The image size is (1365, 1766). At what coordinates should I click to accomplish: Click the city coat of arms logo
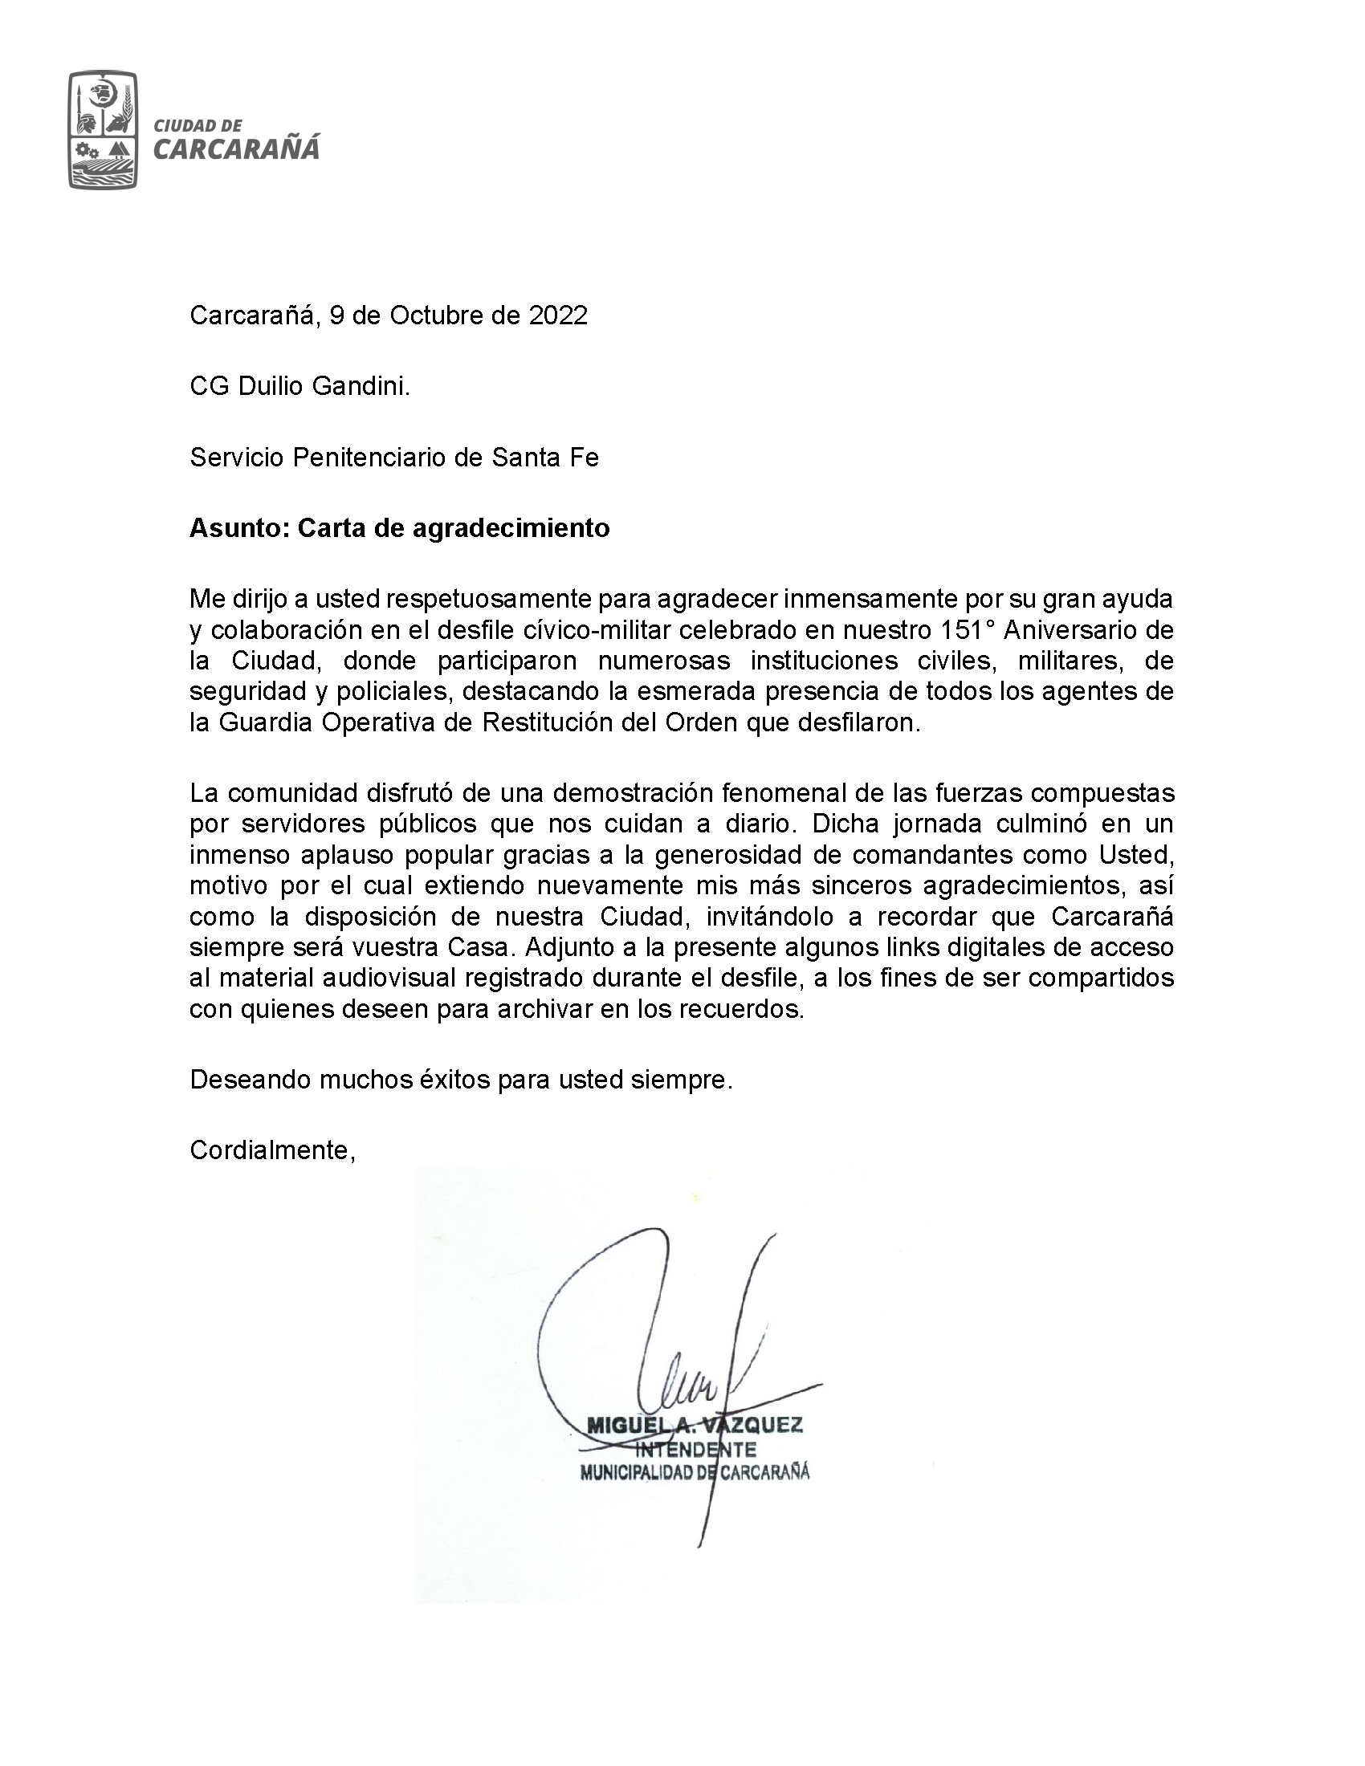(103, 129)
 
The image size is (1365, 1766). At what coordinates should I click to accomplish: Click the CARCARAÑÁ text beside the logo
(236, 149)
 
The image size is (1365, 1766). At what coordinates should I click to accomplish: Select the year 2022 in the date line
(558, 315)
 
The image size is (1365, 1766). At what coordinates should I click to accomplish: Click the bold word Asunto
(239, 528)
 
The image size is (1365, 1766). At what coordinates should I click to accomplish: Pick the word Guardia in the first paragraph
(266, 722)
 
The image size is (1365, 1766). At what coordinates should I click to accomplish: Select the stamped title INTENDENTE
(696, 1449)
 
